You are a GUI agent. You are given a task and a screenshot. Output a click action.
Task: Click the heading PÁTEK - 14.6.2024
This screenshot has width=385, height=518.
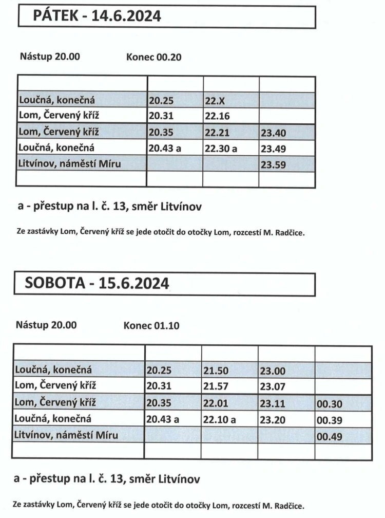[x=97, y=16]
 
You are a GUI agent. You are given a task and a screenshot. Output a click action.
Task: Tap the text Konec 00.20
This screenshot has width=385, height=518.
[x=153, y=57]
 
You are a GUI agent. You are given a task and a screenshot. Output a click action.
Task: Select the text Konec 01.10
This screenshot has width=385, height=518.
[x=151, y=325]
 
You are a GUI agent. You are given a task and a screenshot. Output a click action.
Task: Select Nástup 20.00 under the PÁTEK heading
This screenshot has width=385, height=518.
[x=50, y=57]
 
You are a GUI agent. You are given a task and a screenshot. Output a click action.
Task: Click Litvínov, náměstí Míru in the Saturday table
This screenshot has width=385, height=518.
[x=66, y=436]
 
